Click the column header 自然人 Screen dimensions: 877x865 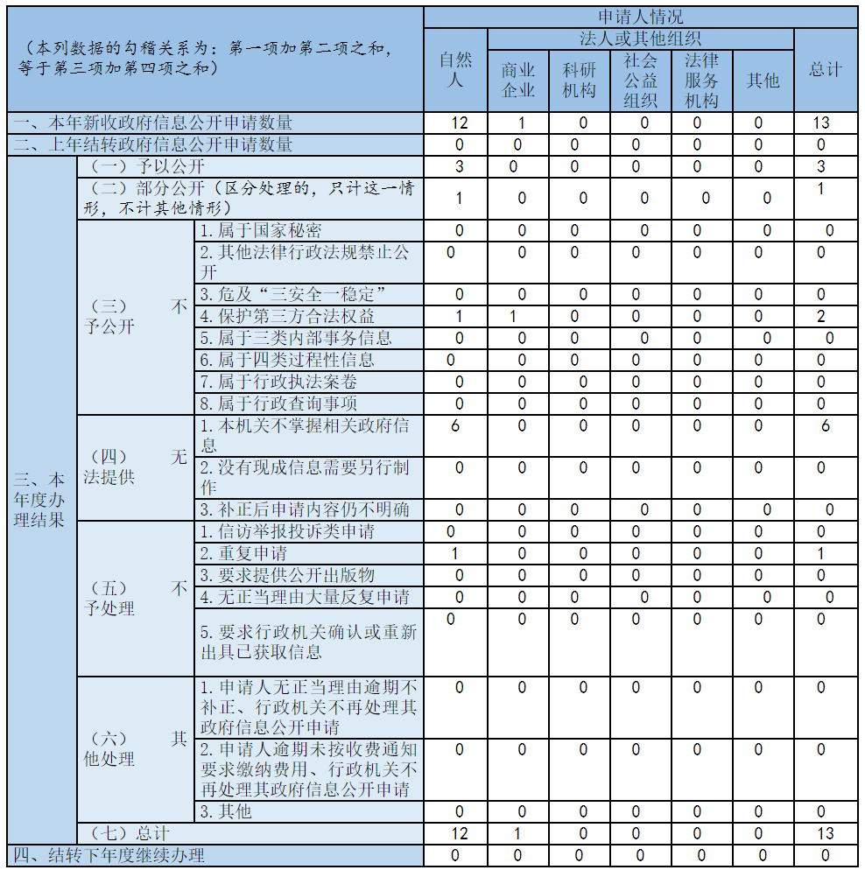(455, 69)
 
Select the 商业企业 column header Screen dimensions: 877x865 (518, 80)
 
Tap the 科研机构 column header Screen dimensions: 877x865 (580, 80)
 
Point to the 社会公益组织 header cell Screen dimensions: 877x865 (641, 80)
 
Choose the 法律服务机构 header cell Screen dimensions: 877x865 (702, 80)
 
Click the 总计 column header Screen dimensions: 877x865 (826, 69)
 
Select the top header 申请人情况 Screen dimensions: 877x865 (641, 17)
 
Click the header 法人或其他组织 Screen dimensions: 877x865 (641, 39)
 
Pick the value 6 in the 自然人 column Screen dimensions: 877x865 (455, 425)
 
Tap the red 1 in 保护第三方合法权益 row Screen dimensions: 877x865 (517, 316)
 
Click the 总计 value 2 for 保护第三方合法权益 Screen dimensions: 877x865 (821, 316)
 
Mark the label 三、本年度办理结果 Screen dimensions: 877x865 (40, 500)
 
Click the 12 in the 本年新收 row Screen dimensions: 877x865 (459, 123)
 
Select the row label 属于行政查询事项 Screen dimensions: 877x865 (278, 403)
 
